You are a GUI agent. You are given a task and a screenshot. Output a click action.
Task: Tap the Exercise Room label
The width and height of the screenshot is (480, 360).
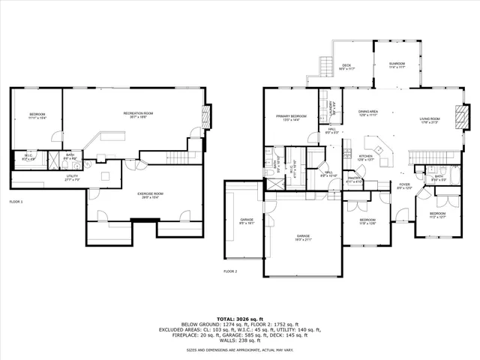(x=151, y=195)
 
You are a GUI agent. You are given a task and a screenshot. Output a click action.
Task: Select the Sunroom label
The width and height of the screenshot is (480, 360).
(x=397, y=65)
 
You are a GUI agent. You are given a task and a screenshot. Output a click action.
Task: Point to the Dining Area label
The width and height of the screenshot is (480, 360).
(x=367, y=114)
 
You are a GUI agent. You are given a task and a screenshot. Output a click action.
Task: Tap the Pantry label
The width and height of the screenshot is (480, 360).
(x=355, y=180)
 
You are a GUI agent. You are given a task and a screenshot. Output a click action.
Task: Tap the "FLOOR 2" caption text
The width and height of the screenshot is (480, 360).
(x=230, y=271)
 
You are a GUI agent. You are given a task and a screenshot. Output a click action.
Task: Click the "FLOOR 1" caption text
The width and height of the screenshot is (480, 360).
(x=16, y=202)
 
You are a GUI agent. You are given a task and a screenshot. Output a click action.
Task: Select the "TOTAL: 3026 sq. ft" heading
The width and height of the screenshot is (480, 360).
(x=239, y=318)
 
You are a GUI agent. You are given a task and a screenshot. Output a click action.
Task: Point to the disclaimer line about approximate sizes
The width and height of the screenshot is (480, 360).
(x=239, y=349)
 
